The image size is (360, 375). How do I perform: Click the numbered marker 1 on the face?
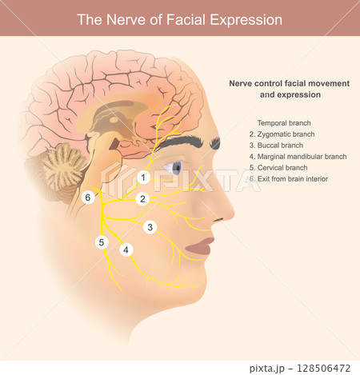pyautogui.click(x=143, y=178)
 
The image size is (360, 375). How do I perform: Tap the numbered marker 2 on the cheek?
pyautogui.click(x=142, y=199)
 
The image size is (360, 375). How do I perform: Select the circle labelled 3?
pyautogui.click(x=150, y=227)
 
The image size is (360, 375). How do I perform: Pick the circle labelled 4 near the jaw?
pyautogui.click(x=126, y=249)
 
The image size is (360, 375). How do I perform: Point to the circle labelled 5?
pyautogui.click(x=102, y=242)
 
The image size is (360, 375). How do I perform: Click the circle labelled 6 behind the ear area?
pyautogui.click(x=88, y=197)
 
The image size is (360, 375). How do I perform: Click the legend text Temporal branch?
pyautogui.click(x=284, y=123)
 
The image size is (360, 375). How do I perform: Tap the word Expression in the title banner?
pyautogui.click(x=246, y=21)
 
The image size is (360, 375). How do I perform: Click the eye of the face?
pyautogui.click(x=173, y=168)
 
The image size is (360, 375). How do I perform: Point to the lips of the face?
pyautogui.click(x=200, y=246)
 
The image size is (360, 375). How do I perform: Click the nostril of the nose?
pyautogui.click(x=218, y=220)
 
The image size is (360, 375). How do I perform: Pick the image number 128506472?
pyautogui.click(x=323, y=369)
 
